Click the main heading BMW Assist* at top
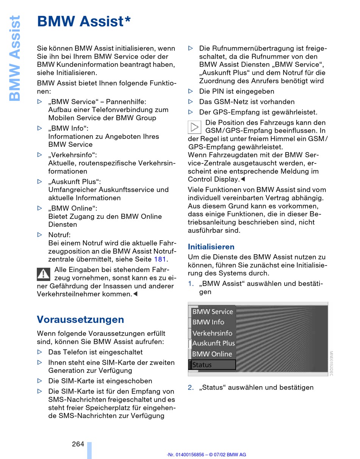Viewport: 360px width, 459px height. point(84,22)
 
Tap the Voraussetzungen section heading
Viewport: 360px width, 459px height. point(80,319)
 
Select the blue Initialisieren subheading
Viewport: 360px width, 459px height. point(211,247)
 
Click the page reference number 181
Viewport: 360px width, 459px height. point(160,259)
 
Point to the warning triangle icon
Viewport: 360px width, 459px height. point(44,274)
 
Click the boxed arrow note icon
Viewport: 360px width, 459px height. point(194,127)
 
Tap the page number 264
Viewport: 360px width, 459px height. point(78,444)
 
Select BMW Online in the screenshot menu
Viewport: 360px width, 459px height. point(212,354)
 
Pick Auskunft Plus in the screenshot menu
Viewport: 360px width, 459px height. point(213,343)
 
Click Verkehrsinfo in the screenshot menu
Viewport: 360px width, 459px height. point(212,333)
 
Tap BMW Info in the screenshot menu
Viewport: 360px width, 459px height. point(208,322)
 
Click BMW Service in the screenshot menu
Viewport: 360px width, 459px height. point(212,311)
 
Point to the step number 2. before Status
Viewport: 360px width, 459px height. point(191,387)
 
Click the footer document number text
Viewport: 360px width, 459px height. point(206,454)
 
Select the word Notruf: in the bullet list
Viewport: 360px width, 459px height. point(59,235)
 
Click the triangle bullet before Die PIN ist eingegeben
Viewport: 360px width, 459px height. point(191,91)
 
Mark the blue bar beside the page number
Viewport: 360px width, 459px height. point(89,450)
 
